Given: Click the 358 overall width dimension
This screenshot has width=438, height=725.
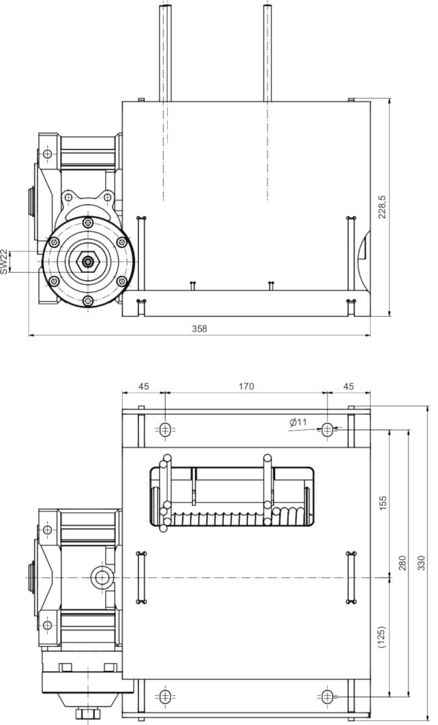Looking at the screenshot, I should (199, 329).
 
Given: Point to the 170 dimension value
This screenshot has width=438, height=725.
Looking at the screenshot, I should (246, 386).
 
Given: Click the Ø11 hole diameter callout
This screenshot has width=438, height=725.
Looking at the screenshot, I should (298, 422).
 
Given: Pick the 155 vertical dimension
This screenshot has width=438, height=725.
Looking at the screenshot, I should (383, 503).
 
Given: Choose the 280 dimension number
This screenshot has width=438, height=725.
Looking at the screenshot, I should (403, 562).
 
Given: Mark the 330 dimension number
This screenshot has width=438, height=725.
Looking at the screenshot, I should (422, 562).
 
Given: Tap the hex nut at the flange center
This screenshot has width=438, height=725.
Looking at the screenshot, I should (88, 262).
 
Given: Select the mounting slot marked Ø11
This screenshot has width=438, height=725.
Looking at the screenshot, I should (327, 429).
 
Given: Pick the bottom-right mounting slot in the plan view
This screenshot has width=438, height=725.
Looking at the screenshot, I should (327, 695).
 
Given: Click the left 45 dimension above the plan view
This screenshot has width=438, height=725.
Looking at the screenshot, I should (144, 386).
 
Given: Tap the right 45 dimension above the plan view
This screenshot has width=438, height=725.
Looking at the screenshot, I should (348, 386).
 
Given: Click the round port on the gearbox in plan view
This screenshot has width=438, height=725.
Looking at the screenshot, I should (101, 577).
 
